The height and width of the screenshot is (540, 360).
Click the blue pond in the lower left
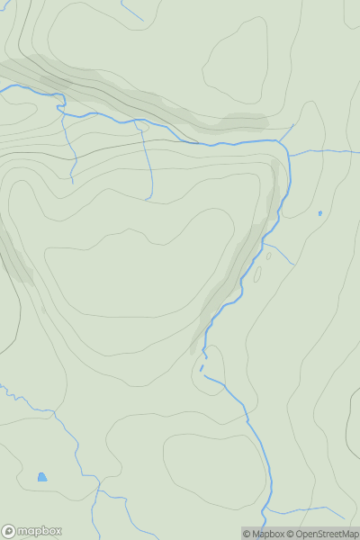click(x=42, y=477)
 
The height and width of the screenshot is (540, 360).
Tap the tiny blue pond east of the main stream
click(x=319, y=213)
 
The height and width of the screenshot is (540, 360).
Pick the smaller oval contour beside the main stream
click(x=268, y=256)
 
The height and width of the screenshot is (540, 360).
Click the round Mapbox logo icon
click(x=10, y=531)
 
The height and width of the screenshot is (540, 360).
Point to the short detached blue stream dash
click(x=202, y=367)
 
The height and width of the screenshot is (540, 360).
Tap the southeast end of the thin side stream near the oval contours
click(x=293, y=265)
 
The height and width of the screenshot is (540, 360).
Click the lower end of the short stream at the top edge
click(x=142, y=21)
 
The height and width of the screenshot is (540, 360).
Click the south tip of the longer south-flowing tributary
click(x=150, y=200)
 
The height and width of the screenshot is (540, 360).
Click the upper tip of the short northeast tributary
click(x=293, y=125)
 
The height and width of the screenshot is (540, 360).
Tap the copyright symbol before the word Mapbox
click(x=247, y=534)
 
